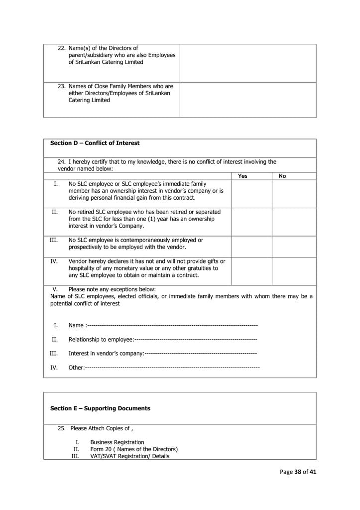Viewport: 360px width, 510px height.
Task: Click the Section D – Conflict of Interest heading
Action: [x=95, y=143]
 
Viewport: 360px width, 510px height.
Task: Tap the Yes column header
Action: [x=242, y=176]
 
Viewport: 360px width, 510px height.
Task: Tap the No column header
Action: [x=282, y=176]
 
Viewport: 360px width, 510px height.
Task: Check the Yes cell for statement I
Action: [x=251, y=193]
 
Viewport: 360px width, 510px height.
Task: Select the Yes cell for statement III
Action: [x=251, y=247]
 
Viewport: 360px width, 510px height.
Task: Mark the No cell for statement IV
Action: [x=294, y=271]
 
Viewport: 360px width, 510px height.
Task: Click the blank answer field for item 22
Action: [x=247, y=63]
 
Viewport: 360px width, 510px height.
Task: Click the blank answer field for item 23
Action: [x=247, y=100]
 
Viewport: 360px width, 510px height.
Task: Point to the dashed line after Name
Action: [x=172, y=326]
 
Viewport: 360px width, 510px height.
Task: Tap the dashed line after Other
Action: [x=172, y=368]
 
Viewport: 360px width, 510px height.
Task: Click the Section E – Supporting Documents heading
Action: [x=100, y=408]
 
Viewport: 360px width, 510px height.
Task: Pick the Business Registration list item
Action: [x=117, y=442]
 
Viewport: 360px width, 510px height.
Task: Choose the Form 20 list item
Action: [x=133, y=449]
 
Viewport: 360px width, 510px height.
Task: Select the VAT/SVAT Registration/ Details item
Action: [x=129, y=456]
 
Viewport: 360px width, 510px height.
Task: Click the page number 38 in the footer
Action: [x=298, y=472]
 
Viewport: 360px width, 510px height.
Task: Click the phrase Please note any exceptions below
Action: [x=112, y=289]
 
